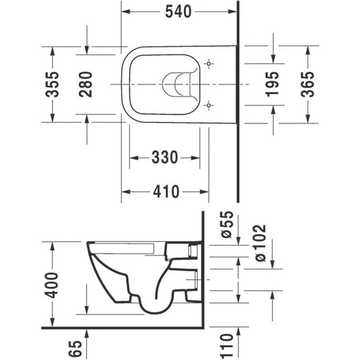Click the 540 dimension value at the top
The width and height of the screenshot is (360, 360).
178,12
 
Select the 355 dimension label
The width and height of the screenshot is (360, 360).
52,84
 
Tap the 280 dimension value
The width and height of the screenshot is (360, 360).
86,84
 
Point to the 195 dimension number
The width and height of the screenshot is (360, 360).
272,84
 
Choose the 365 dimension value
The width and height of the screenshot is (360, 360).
307,84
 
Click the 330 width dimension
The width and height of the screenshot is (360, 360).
165,157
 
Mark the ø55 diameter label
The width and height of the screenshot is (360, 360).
227,224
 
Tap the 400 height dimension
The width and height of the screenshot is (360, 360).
52,286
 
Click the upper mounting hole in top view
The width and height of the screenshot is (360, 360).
210,64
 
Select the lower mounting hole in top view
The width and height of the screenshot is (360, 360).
210,105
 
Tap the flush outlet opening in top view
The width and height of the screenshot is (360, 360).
176,85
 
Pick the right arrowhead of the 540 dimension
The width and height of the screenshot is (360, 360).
232,12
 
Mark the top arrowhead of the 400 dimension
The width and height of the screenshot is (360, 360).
52,245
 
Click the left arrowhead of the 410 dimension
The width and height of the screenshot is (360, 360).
125,191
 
